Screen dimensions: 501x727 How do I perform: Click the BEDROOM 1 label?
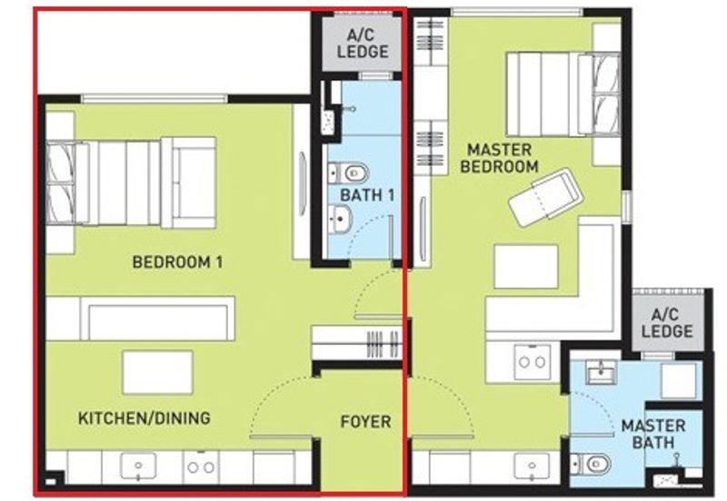click(178, 262)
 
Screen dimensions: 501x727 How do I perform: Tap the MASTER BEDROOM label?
click(499, 158)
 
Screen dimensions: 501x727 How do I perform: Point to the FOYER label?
click(365, 421)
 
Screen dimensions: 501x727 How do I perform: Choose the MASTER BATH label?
click(647, 434)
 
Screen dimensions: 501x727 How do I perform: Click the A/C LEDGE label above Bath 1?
click(363, 44)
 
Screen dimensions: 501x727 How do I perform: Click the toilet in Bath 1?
click(350, 172)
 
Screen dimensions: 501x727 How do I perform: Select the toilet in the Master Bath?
click(595, 465)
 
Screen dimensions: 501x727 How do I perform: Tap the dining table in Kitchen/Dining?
click(157, 370)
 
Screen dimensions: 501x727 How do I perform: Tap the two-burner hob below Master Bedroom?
click(531, 362)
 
